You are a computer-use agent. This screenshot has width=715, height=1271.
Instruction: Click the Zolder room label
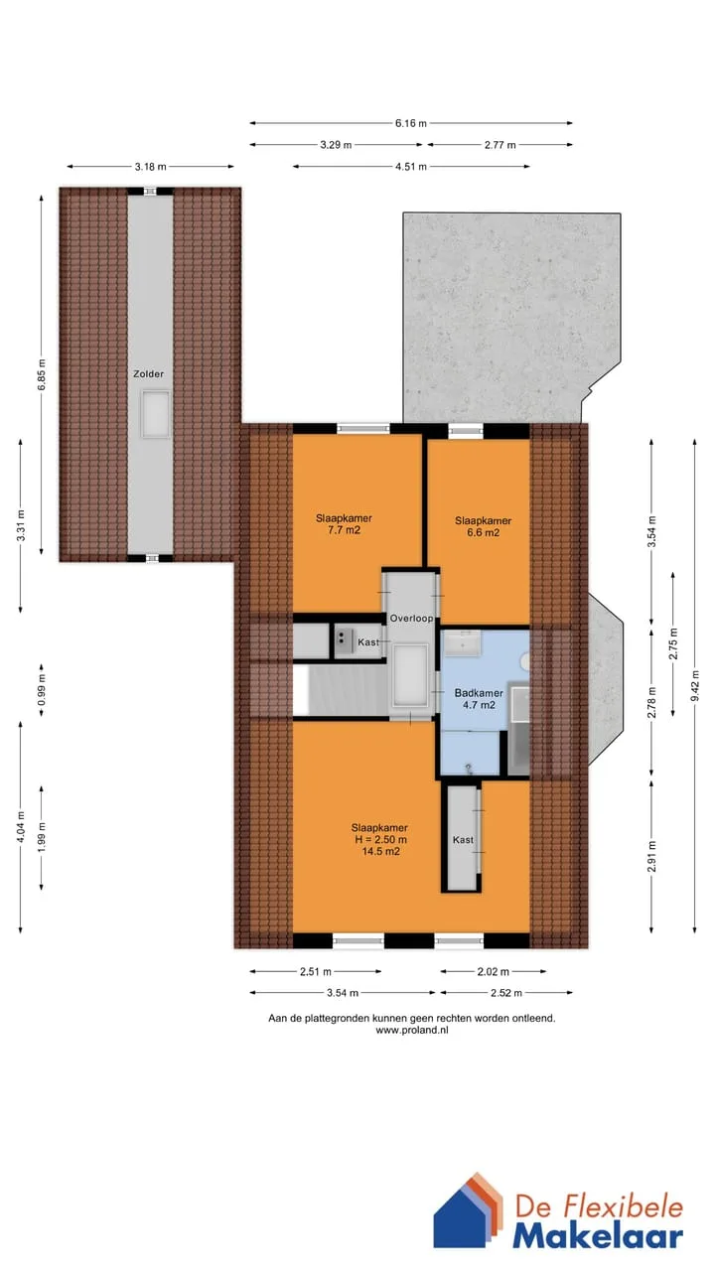149,374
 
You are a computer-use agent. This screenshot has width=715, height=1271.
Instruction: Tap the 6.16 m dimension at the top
411,123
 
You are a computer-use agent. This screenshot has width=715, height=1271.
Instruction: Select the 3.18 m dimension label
150,167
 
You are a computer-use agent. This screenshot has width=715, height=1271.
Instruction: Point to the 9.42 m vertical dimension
695,685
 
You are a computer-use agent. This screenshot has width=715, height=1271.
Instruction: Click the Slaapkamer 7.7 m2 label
344,524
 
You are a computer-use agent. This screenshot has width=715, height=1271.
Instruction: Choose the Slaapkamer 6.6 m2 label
483,526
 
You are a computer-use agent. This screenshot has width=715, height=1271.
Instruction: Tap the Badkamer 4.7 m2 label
479,699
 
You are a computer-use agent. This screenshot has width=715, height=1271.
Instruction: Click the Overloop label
411,619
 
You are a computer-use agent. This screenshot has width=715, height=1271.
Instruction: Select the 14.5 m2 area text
380,851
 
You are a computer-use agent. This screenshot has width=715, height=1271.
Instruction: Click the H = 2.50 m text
380,839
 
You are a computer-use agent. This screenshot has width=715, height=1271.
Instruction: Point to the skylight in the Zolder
156,414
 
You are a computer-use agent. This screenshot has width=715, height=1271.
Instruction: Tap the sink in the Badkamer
462,643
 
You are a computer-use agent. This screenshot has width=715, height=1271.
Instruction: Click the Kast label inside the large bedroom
463,840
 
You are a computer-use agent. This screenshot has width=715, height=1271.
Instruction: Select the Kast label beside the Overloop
368,642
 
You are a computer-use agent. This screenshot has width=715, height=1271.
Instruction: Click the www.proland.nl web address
412,1030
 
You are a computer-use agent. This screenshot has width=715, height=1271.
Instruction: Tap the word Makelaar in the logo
598,1237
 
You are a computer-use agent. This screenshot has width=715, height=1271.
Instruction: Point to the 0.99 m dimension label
42,690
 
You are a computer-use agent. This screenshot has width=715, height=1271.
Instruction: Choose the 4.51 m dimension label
411,167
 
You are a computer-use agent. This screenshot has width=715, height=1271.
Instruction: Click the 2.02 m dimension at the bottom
494,971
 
